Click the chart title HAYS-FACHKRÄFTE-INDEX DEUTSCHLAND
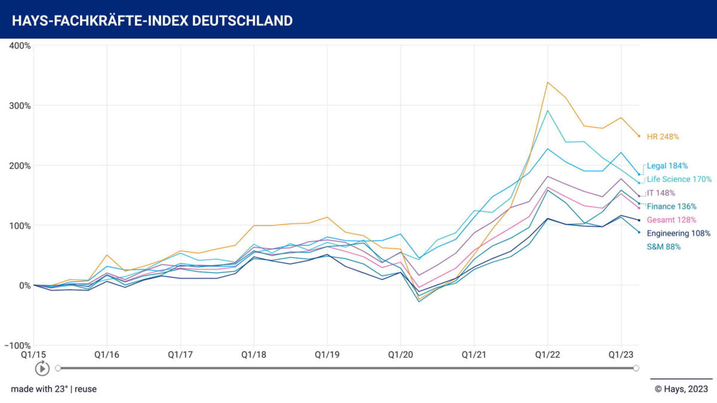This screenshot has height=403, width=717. tap(152, 21)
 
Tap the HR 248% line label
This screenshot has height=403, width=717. tap(663, 137)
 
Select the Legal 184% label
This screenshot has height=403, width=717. tap(667, 166)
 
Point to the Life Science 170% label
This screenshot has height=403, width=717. tap(679, 179)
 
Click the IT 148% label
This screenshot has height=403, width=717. tap(661, 193)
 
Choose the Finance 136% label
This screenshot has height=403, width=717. tap(672, 207)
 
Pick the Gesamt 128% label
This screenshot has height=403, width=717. tap(672, 220)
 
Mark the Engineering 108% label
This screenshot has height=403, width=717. tap(678, 233)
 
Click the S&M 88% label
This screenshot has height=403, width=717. tap(664, 247)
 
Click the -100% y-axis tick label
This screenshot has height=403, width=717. tap(18, 346)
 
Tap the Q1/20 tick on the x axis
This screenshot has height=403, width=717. tap(400, 355)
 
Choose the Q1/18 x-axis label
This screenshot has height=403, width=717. tap(254, 355)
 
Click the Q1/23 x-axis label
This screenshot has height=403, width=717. tap(621, 355)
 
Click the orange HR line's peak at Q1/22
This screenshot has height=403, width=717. tap(548, 82)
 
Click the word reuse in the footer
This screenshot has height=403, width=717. tap(85, 389)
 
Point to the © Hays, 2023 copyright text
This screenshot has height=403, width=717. tap(681, 389)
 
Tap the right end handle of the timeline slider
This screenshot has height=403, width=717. tap(636, 368)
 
